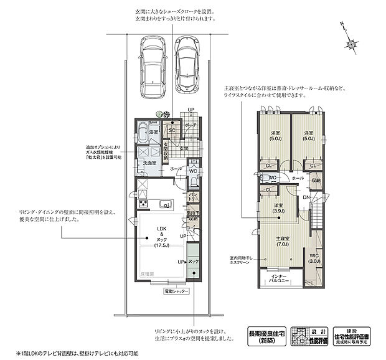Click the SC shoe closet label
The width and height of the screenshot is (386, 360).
(x=171, y=130)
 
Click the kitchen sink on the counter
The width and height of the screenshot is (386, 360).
(x=166, y=205)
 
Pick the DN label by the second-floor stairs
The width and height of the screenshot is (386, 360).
(x=306, y=198)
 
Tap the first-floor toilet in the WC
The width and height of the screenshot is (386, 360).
(x=194, y=182)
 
